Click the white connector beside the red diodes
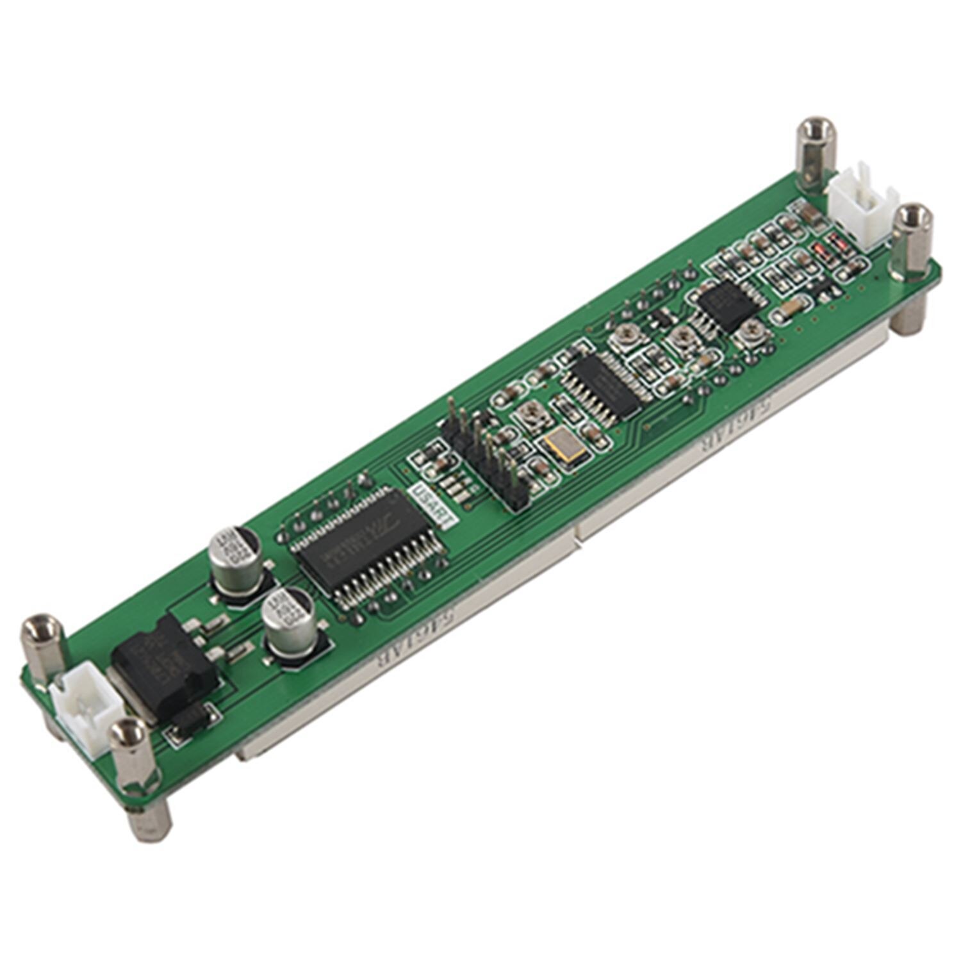863,203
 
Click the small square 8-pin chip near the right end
725,305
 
